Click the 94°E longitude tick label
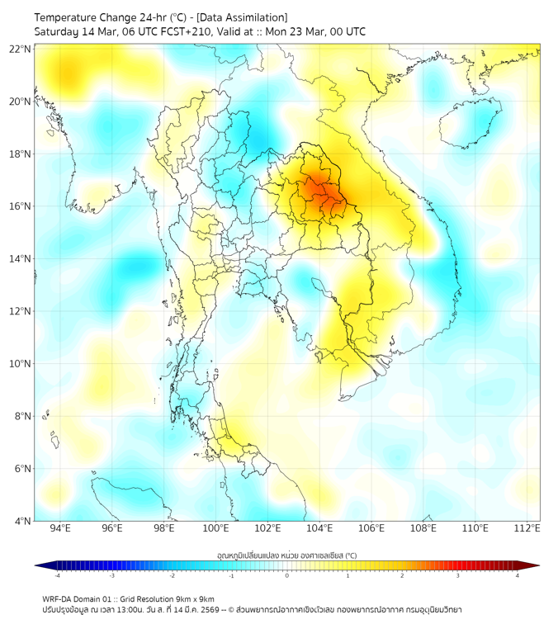pos(60,528)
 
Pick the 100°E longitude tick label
pos(215,528)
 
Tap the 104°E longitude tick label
pos(319,528)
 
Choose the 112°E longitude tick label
pos(527,528)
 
